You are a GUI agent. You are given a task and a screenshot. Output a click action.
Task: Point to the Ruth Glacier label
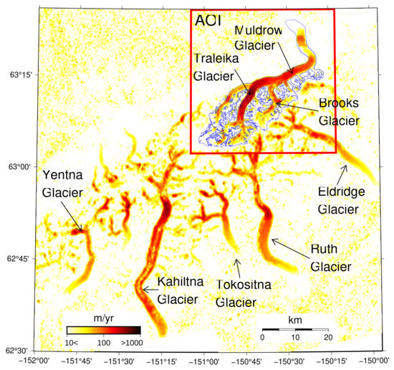coord(331,257)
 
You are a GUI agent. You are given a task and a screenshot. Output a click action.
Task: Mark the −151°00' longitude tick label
coord(205,361)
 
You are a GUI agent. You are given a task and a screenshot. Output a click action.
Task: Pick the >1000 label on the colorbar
coord(130,344)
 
